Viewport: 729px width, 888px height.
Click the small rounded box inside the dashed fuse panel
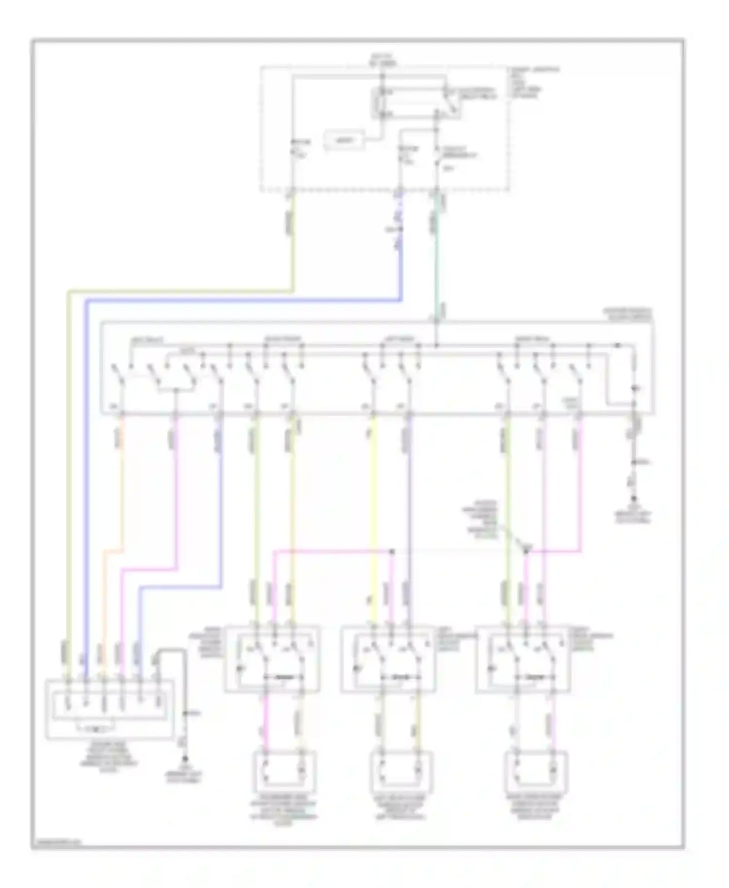(x=345, y=140)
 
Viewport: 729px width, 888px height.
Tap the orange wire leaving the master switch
(x=121, y=486)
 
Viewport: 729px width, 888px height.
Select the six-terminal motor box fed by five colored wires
(x=109, y=709)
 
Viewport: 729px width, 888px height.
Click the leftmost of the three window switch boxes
(x=272, y=659)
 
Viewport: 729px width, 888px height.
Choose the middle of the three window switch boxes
(x=388, y=659)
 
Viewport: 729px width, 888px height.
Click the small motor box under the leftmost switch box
(x=283, y=772)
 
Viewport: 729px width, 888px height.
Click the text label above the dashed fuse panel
(x=382, y=60)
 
